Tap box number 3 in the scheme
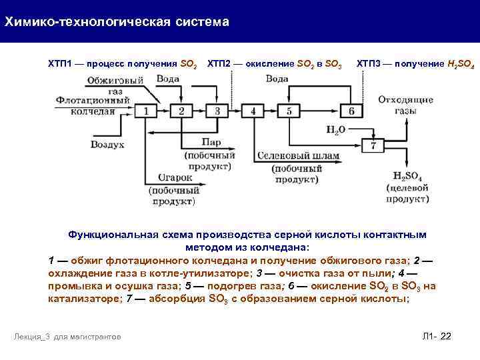(x=217, y=111)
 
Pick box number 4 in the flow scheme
(x=253, y=111)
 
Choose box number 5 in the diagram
(x=289, y=111)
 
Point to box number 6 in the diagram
(x=351, y=111)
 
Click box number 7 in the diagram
(x=374, y=145)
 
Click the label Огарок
(x=175, y=177)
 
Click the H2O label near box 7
(x=336, y=131)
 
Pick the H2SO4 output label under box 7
(x=406, y=175)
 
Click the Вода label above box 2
(x=167, y=79)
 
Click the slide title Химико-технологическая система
(x=117, y=22)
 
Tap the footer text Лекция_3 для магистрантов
(x=67, y=337)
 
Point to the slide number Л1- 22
(x=437, y=336)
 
